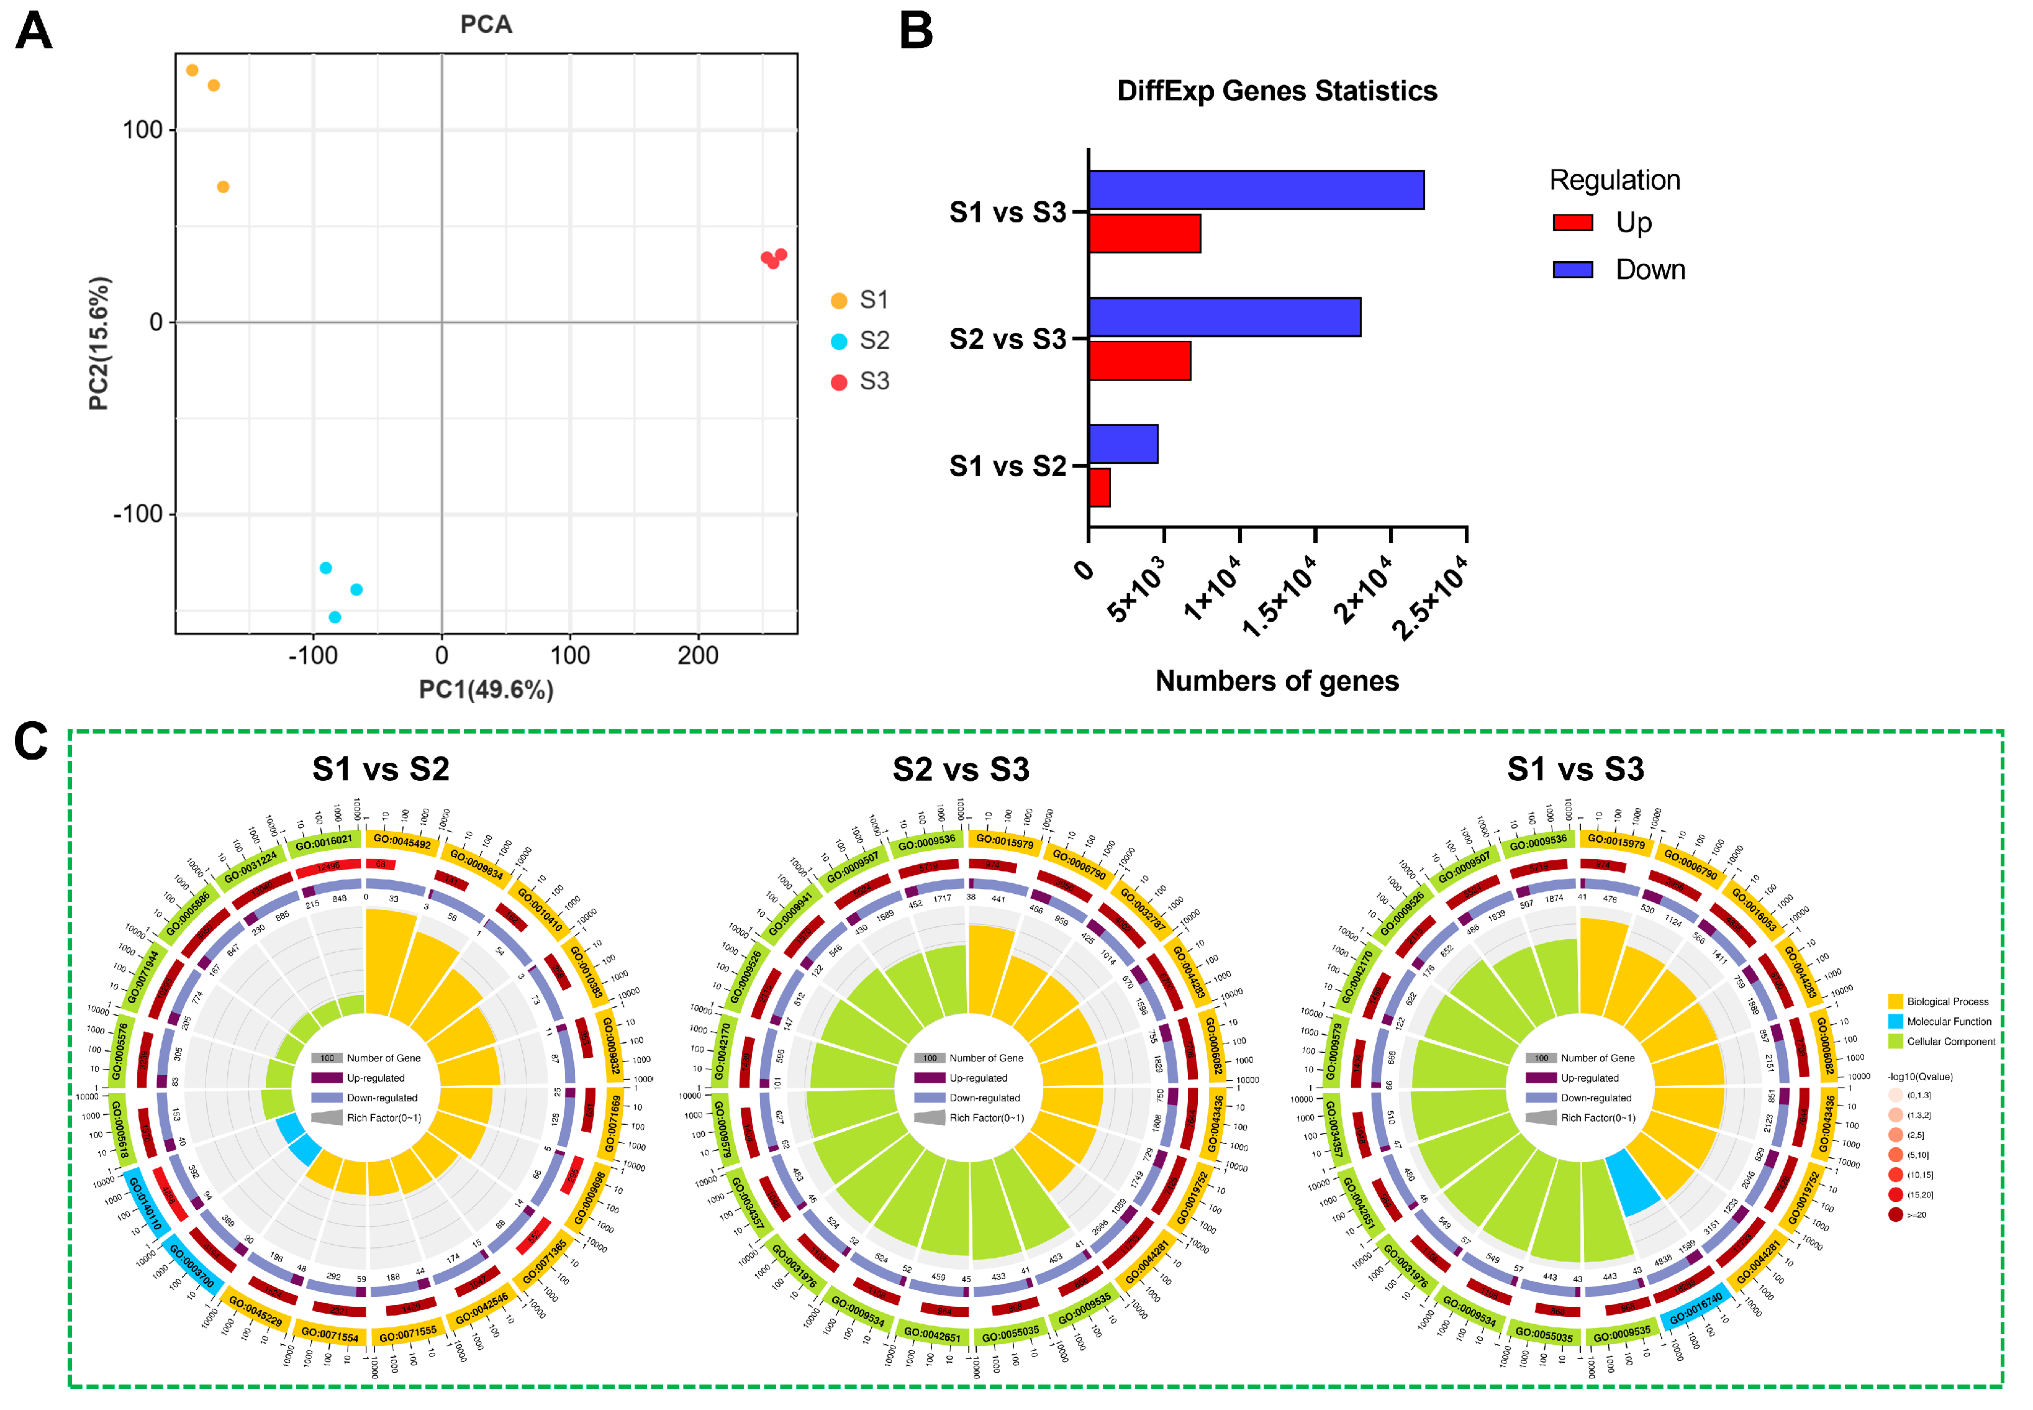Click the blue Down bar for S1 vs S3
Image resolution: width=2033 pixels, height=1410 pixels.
tap(1256, 190)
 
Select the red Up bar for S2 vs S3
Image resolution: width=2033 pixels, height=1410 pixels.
tap(1139, 360)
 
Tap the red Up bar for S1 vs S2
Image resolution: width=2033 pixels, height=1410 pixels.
tap(1098, 488)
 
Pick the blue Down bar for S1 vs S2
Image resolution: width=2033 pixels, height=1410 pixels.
tap(1123, 443)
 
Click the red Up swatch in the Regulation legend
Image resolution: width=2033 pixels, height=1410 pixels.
tap(1572, 222)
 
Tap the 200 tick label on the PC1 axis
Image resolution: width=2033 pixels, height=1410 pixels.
tap(698, 655)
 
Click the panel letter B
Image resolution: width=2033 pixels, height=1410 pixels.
tap(916, 31)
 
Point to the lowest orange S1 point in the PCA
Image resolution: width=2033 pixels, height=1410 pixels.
tap(224, 188)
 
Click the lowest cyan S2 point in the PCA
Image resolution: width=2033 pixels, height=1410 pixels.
tap(335, 617)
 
